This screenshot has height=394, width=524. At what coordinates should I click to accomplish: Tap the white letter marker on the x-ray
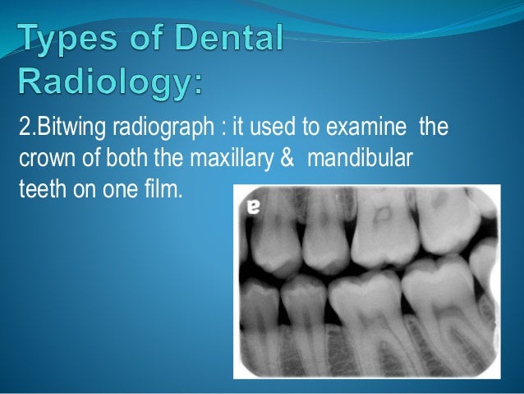[x=255, y=209]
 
